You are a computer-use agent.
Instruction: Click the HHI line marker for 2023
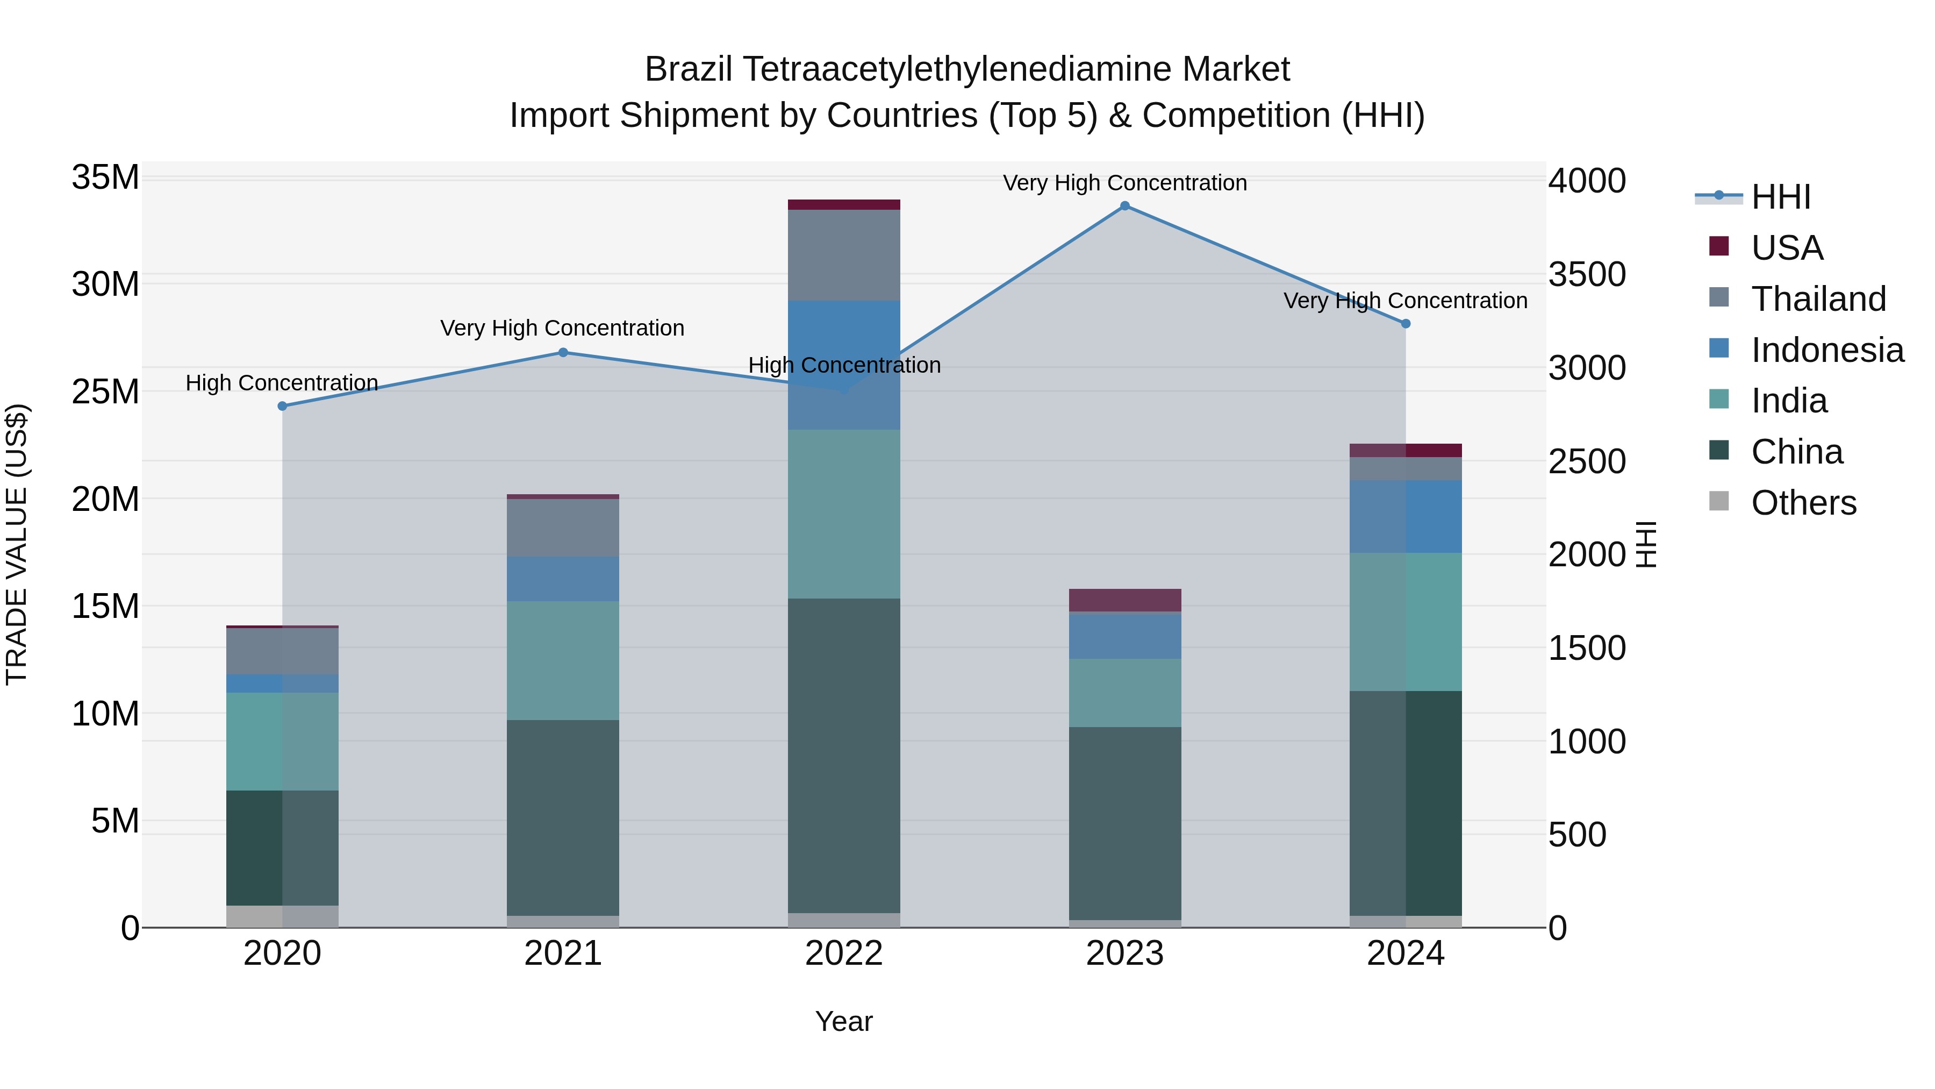pyautogui.click(x=1124, y=206)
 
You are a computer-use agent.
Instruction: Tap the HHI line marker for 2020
pyautogui.click(x=282, y=406)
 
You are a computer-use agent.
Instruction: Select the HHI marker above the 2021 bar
pyautogui.click(x=563, y=352)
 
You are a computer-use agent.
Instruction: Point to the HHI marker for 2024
pyautogui.click(x=1406, y=324)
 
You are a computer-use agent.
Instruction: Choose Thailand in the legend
pyautogui.click(x=1818, y=299)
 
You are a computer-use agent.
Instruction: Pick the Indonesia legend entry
pyautogui.click(x=1827, y=350)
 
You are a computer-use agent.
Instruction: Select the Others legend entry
pyautogui.click(x=1803, y=503)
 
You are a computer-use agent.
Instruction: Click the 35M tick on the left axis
pyautogui.click(x=105, y=177)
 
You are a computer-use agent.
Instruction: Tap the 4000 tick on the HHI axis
pyautogui.click(x=1587, y=181)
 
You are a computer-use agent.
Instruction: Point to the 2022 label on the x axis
pyautogui.click(x=843, y=953)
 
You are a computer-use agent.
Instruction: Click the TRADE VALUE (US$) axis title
pyautogui.click(x=17, y=544)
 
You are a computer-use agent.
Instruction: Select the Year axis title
pyautogui.click(x=843, y=1021)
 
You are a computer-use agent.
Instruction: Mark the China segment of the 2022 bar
pyautogui.click(x=843, y=756)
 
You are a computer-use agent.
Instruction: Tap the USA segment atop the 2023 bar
pyautogui.click(x=1124, y=600)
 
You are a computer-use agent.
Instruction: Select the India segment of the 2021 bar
pyautogui.click(x=563, y=660)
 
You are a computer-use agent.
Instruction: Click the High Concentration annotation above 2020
pyautogui.click(x=282, y=383)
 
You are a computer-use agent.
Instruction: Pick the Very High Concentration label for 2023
pyautogui.click(x=1124, y=183)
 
